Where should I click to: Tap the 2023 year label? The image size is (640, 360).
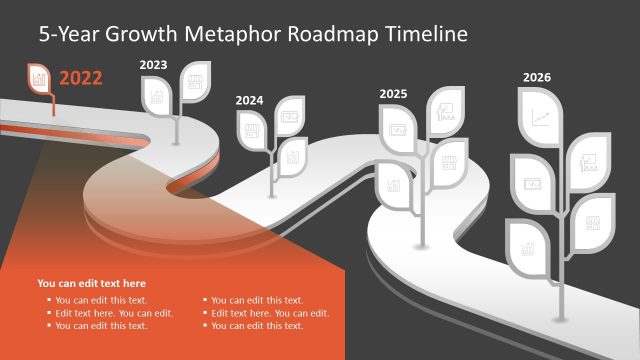coord(153,65)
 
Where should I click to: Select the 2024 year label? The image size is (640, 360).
coord(250,100)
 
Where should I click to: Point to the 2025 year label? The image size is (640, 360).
coord(393,94)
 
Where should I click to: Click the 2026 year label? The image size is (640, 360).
coord(536,77)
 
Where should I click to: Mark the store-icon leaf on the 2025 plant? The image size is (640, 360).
coord(448,162)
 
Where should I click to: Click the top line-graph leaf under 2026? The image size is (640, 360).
coord(541,118)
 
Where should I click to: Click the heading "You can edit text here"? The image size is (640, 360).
coord(91,283)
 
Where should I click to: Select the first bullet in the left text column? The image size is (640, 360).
coord(101,300)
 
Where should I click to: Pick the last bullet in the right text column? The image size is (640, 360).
coord(257,326)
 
